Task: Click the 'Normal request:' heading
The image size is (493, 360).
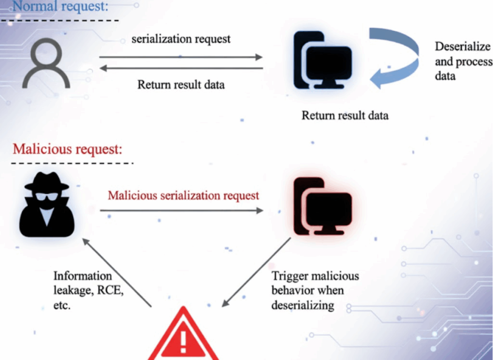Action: coord(53,7)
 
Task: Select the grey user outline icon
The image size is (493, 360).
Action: coord(49,63)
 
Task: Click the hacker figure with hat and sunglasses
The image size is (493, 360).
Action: coord(47,205)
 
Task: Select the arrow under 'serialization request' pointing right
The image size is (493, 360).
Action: coord(181,57)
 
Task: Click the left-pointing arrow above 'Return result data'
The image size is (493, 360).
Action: coord(181,68)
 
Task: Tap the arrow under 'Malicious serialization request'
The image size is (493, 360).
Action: coord(182,211)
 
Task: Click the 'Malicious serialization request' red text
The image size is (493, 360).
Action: coord(183,196)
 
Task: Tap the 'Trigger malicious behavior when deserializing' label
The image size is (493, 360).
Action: coord(315,290)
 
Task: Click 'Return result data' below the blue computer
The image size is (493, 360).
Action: coord(345,116)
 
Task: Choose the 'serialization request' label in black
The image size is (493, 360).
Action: coord(181,39)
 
